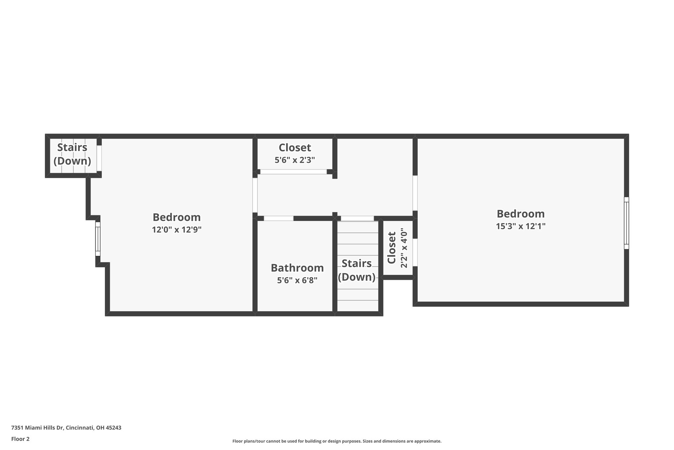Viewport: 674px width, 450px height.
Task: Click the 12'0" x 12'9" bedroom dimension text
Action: (x=177, y=229)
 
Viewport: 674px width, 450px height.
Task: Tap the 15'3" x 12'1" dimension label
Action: (x=521, y=226)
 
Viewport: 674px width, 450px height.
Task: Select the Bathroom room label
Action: (x=297, y=268)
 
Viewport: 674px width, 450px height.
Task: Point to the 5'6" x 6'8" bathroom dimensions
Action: (x=297, y=280)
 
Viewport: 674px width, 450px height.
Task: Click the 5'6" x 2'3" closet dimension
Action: (x=295, y=160)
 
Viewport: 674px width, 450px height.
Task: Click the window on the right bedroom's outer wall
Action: (x=626, y=223)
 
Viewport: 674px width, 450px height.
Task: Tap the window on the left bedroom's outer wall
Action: (x=98, y=239)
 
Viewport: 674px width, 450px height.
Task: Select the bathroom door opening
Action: (x=279, y=218)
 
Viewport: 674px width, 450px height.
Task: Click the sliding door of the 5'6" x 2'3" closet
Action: (x=294, y=172)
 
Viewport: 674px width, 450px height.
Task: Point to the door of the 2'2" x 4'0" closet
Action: (x=415, y=252)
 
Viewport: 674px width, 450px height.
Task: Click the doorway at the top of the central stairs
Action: (x=357, y=218)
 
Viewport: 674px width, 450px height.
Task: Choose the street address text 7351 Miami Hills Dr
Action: (x=37, y=428)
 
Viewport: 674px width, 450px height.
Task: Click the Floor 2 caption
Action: (x=20, y=439)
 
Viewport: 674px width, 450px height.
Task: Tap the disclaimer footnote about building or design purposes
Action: (x=337, y=441)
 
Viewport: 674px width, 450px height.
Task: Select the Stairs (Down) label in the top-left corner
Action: (x=72, y=154)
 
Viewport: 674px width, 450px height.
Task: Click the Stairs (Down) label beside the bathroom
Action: (x=357, y=270)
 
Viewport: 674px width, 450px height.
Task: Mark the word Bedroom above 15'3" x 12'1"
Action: (x=521, y=214)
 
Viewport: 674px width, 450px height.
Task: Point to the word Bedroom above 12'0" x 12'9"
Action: (x=177, y=217)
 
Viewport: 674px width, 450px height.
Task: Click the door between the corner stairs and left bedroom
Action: (x=99, y=158)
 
